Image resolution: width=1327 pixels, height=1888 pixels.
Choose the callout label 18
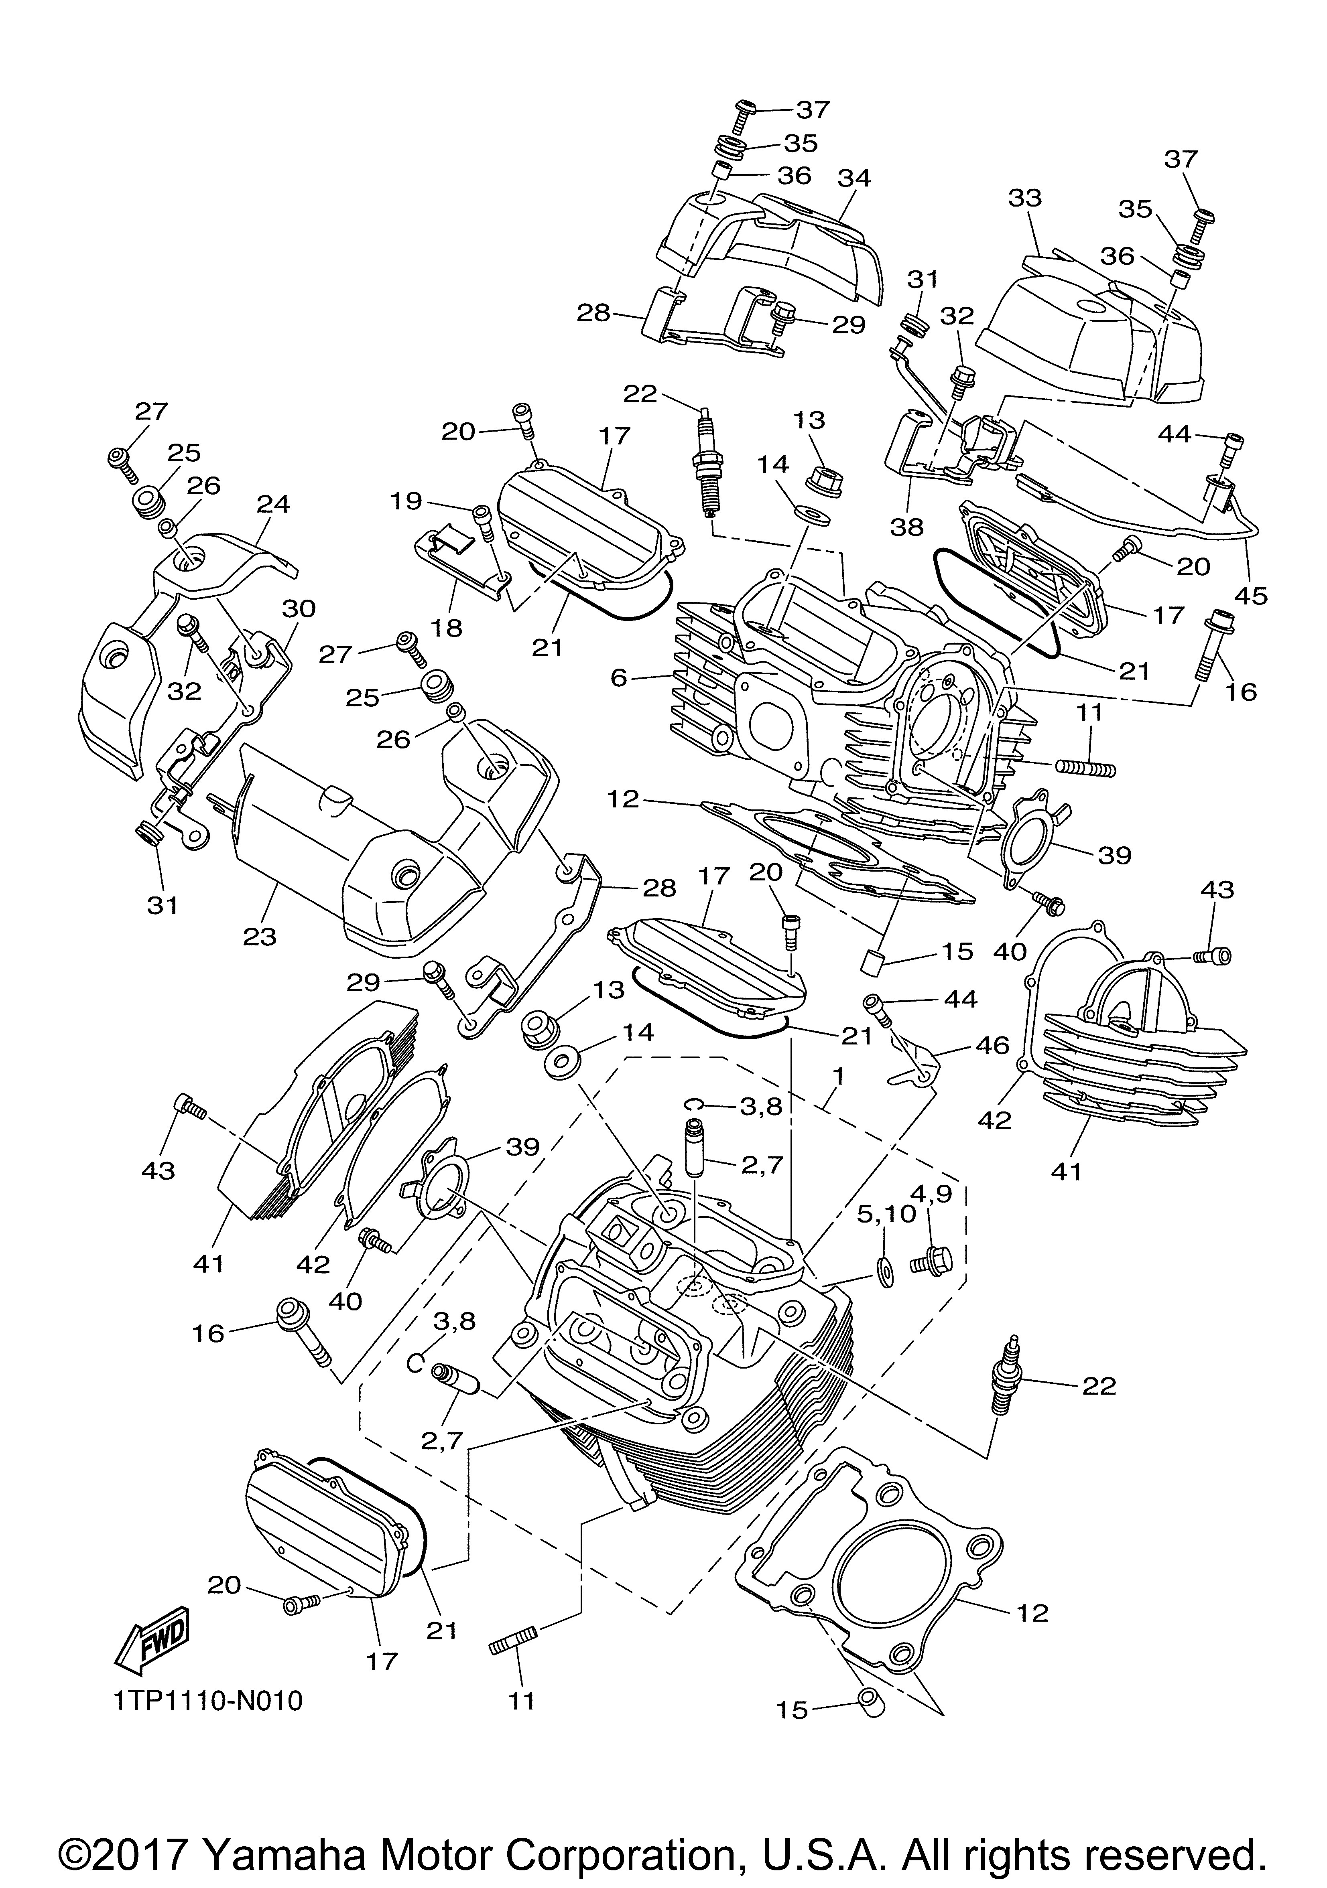[448, 627]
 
